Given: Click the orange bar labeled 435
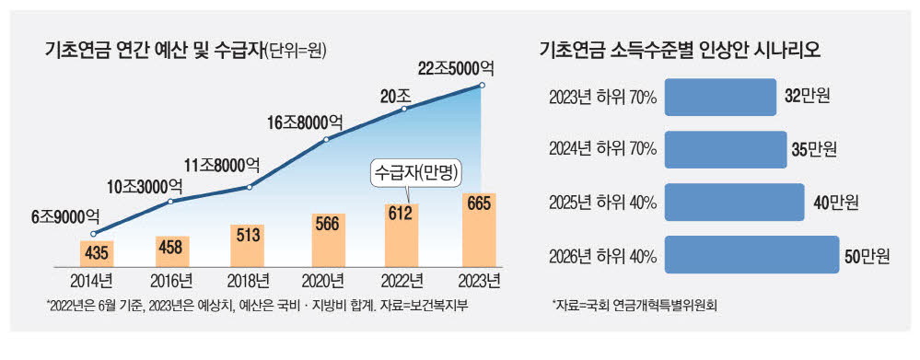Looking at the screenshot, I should click(x=94, y=252).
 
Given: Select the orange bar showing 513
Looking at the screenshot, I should click(x=250, y=246).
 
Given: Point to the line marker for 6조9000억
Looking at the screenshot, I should click(x=94, y=233).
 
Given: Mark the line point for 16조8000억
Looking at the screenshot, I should click(x=328, y=141).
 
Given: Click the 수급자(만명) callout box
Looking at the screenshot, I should click(x=415, y=173).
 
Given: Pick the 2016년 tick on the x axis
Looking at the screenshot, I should click(x=172, y=280).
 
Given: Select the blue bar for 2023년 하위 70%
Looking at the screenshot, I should click(x=719, y=96).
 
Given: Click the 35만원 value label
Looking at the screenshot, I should click(x=811, y=148).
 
